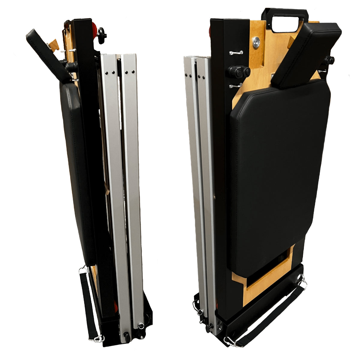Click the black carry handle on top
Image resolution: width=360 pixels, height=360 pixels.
click(285, 13)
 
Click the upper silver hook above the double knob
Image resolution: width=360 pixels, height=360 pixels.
click(236, 53)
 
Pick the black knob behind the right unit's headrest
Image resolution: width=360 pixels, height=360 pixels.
click(329, 61)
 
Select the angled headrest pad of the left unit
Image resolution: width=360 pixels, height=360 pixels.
click(48, 54)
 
